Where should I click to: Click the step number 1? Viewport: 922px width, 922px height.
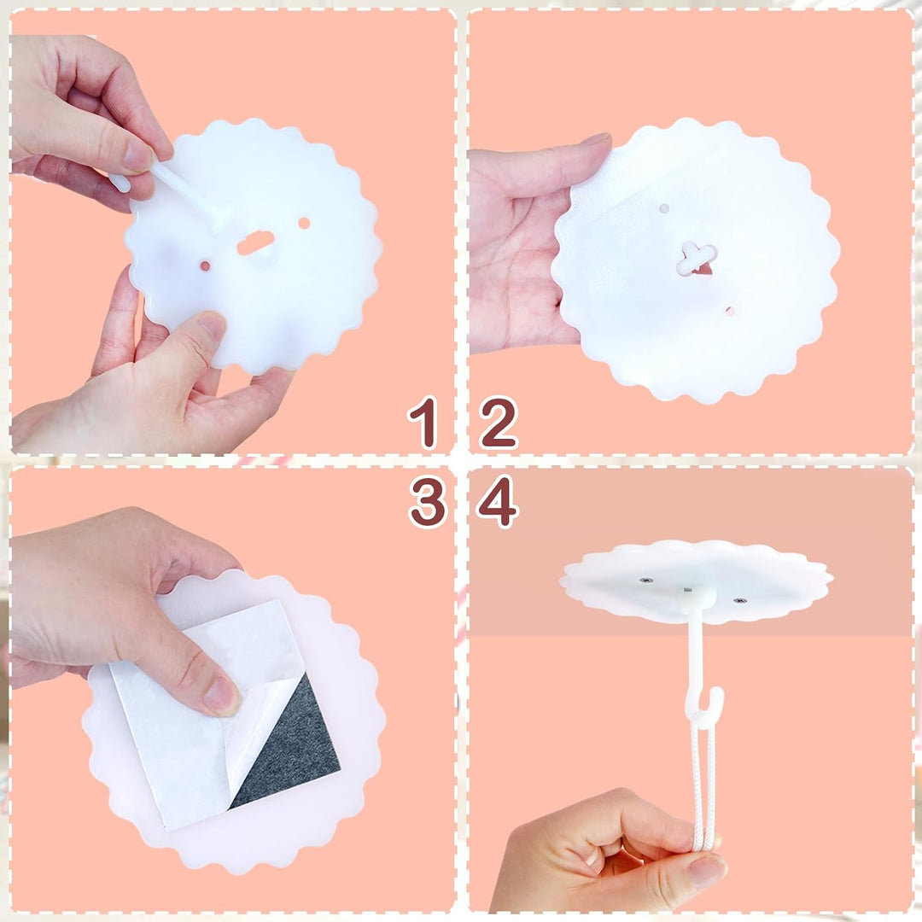(x=424, y=423)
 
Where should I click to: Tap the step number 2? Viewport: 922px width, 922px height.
(x=498, y=423)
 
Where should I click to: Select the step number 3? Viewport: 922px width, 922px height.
(x=428, y=502)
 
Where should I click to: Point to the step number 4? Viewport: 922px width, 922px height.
(x=498, y=502)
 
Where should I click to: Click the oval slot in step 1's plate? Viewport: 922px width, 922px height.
(x=255, y=242)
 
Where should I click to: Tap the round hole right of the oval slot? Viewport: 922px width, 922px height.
(x=304, y=224)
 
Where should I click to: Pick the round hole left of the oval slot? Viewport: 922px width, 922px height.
(x=205, y=266)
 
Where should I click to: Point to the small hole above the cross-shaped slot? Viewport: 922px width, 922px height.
(x=664, y=209)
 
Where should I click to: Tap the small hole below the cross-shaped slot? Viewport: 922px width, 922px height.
(x=730, y=311)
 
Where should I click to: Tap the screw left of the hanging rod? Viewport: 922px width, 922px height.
(x=646, y=581)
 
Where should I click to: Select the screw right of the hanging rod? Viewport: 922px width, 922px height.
(x=739, y=601)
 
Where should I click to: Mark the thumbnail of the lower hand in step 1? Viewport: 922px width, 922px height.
(x=212, y=326)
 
